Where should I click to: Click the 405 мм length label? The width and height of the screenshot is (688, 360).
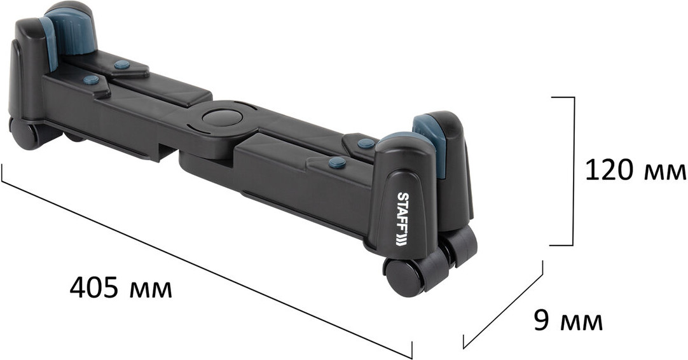121,287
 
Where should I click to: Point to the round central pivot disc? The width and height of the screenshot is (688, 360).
222,118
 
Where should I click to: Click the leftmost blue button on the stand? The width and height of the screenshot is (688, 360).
91,80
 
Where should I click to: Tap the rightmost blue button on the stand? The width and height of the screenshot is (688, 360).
366,143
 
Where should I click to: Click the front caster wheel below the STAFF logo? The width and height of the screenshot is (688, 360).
404,277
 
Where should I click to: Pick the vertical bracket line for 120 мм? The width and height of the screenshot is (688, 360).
573,171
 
